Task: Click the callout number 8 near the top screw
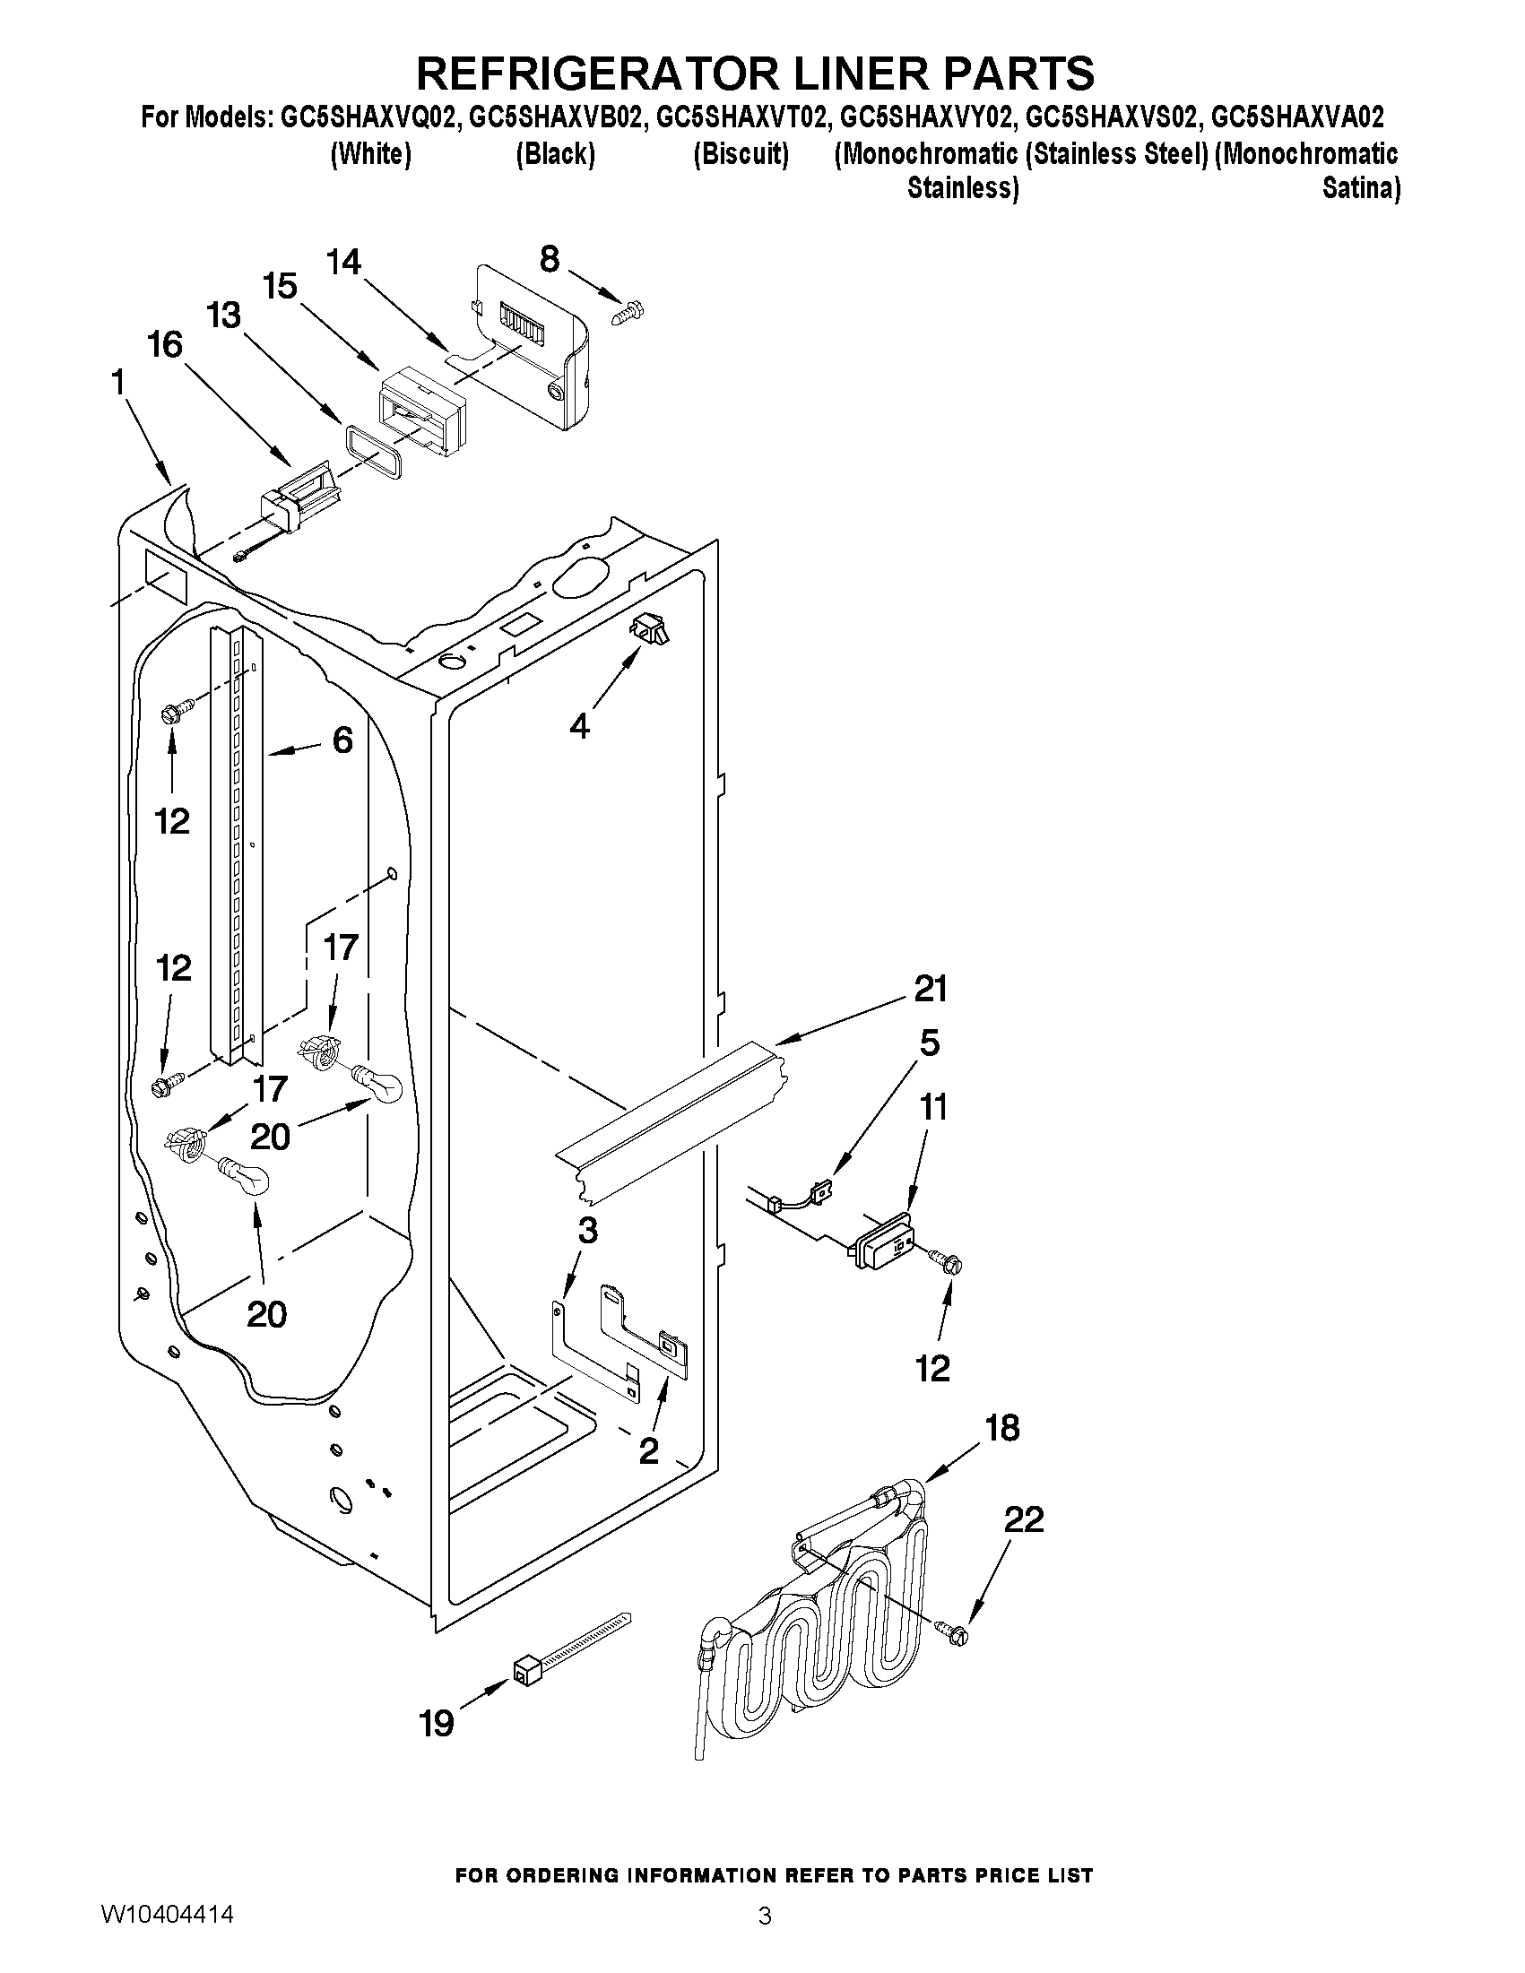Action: (x=550, y=259)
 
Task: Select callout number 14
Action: (x=343, y=262)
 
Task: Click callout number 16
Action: (x=166, y=344)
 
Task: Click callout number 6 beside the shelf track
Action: (x=342, y=740)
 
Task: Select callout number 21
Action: (x=931, y=990)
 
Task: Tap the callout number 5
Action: (x=930, y=1043)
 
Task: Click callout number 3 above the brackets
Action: (x=587, y=1230)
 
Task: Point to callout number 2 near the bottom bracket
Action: (x=649, y=1452)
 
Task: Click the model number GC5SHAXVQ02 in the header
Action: (x=365, y=117)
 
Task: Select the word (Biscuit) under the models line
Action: (x=741, y=154)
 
